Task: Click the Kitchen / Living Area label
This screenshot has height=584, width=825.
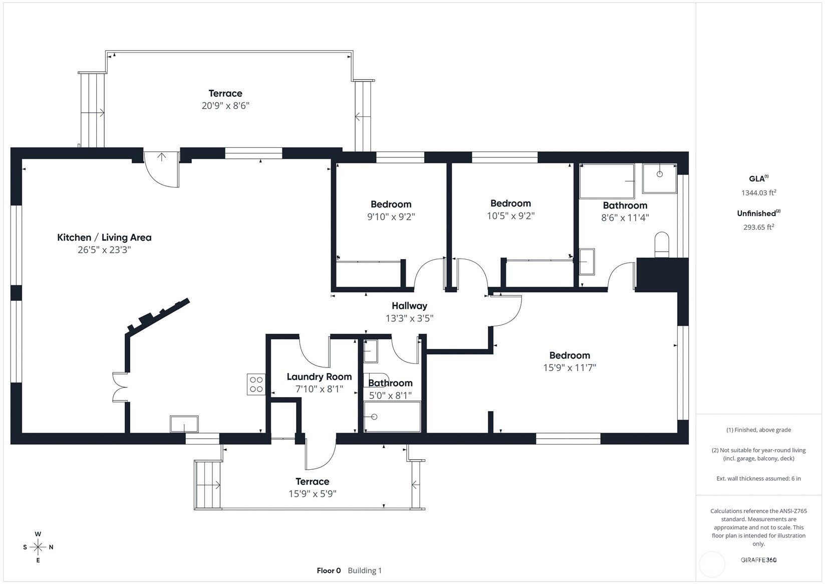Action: coord(104,238)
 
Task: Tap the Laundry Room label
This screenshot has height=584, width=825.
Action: coord(319,377)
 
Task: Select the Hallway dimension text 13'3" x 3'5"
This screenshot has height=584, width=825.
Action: coord(410,318)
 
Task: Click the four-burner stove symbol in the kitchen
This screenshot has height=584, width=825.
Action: coord(256,384)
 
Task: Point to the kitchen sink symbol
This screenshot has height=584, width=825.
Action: coord(184,424)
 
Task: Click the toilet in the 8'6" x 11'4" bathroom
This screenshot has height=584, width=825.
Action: coord(662,245)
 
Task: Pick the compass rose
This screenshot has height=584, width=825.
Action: coord(38,547)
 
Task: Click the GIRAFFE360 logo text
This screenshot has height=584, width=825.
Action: coord(759,559)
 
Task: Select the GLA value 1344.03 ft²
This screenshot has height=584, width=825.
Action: coord(759,192)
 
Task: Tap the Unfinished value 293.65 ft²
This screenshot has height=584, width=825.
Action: coord(759,227)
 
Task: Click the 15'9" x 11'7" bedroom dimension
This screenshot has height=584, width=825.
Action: coord(570,367)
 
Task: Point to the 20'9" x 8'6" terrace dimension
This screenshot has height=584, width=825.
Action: coord(225,106)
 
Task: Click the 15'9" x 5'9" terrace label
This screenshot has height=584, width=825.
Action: coord(313,488)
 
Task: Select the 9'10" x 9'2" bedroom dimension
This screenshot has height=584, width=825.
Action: coord(391,217)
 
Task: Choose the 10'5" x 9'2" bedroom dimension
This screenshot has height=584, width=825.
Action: coord(511,216)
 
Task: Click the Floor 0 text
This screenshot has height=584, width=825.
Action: coord(329,571)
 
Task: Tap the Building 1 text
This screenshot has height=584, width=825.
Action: coord(365,571)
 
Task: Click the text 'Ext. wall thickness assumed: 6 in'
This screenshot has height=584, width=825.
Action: coord(759,479)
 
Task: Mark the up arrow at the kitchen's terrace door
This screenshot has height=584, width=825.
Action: coord(162,157)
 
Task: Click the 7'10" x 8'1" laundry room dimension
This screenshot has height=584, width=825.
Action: coord(319,389)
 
